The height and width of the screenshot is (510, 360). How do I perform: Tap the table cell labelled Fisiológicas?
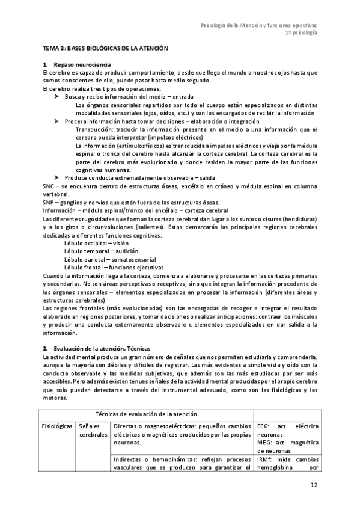[x=57, y=426]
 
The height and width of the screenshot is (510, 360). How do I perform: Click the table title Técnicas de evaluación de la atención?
[x=147, y=415]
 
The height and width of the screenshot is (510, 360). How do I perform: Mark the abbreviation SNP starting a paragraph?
[x=48, y=201]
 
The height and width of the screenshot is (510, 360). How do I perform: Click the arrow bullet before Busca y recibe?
[x=57, y=96]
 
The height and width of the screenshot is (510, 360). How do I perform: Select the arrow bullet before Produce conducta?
[x=57, y=178]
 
